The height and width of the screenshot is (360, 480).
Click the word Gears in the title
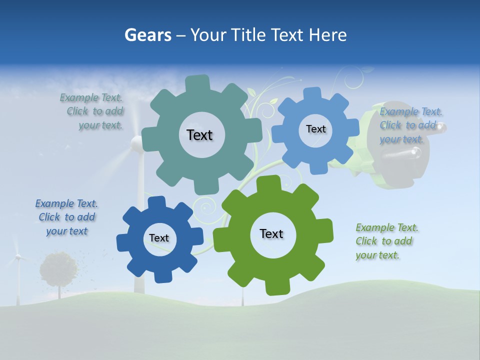[x=148, y=35]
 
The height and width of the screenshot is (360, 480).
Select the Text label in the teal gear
[x=199, y=135]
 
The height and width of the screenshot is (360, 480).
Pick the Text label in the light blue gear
[x=315, y=129]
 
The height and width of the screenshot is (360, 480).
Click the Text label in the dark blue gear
[x=159, y=238]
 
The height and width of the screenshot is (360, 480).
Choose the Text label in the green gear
[x=271, y=233]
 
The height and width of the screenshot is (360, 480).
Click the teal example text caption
[x=95, y=111]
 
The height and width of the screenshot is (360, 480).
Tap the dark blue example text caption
[x=67, y=217]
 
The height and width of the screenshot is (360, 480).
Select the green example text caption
[x=385, y=241]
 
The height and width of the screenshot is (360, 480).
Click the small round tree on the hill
[x=59, y=268]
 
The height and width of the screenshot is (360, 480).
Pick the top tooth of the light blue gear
[x=312, y=94]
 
